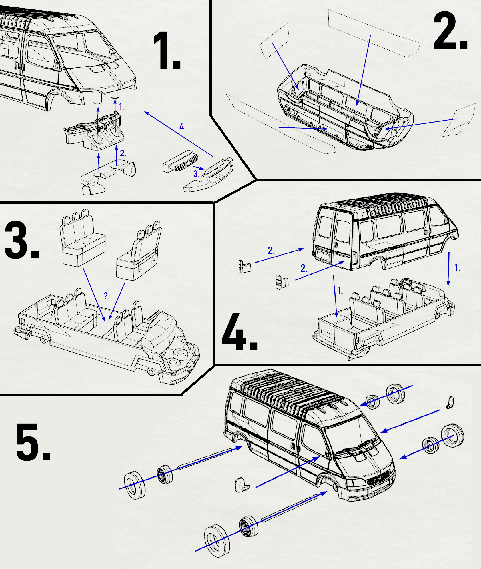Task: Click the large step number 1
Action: pos(167,51)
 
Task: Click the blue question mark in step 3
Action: pos(106,296)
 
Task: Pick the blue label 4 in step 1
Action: pos(182,127)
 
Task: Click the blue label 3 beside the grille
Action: pos(196,174)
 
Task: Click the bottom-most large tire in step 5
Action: pos(217,541)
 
